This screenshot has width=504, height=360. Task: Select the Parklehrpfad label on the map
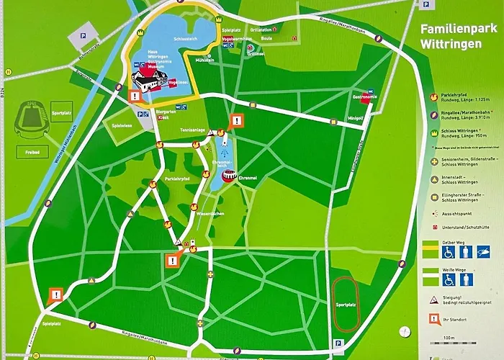click(x=177, y=178)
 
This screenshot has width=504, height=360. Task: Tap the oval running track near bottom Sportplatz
click(x=346, y=302)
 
